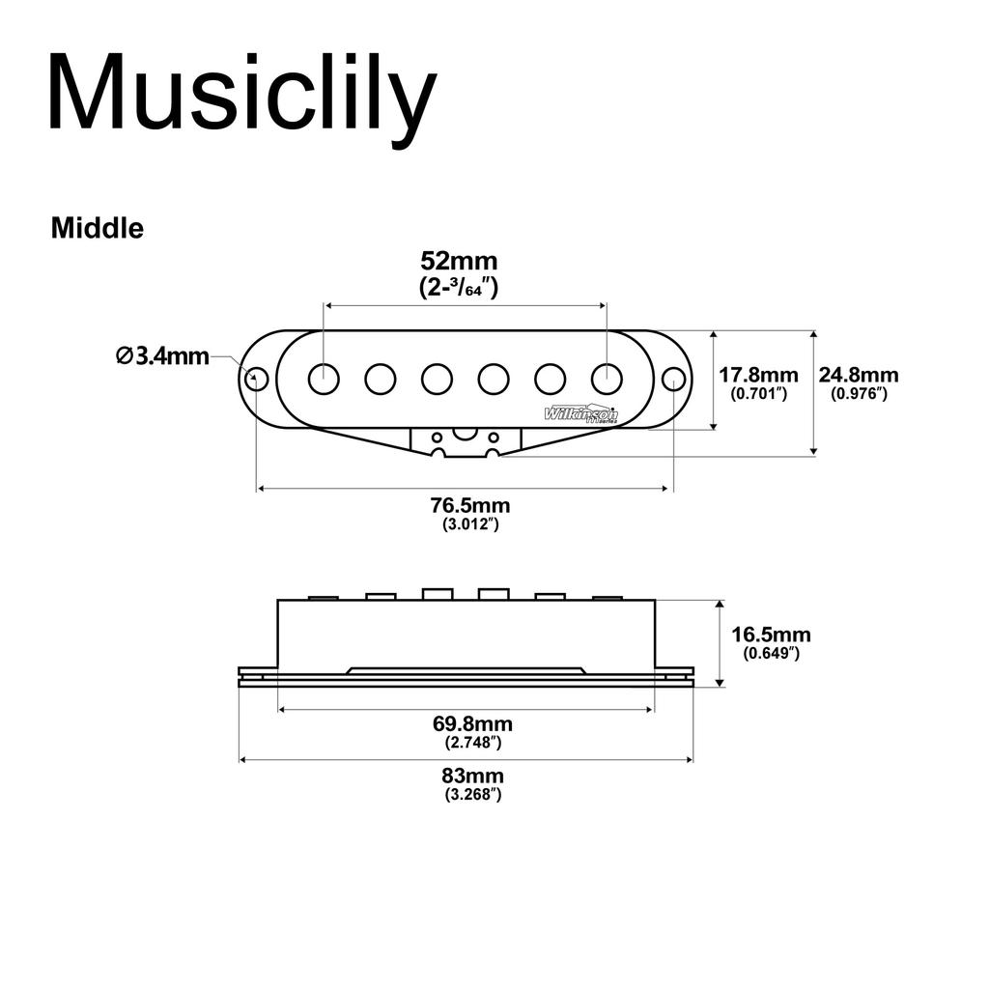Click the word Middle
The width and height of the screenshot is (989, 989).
point(97,228)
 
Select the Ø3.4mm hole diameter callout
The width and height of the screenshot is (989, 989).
point(162,355)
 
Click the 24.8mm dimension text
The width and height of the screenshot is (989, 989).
point(859,375)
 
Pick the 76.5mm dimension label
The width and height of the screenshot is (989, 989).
point(470,506)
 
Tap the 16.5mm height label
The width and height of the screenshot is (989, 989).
point(771,635)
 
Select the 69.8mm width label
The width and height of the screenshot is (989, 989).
point(472,724)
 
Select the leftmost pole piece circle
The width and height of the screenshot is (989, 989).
point(324,379)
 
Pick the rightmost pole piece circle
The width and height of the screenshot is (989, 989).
point(607,379)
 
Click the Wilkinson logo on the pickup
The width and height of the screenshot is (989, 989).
point(581,414)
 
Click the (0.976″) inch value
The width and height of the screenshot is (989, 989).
point(859,393)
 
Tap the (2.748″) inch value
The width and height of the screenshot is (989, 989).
point(472,743)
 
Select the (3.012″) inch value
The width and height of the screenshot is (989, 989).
point(470,524)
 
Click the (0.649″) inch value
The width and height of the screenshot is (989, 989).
point(771,653)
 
